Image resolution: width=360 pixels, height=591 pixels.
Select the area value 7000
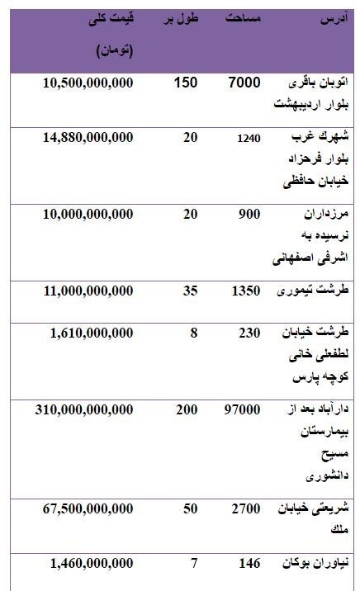point(244,83)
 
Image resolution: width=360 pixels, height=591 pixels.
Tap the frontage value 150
point(186,83)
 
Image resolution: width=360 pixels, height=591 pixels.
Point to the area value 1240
point(248,138)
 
